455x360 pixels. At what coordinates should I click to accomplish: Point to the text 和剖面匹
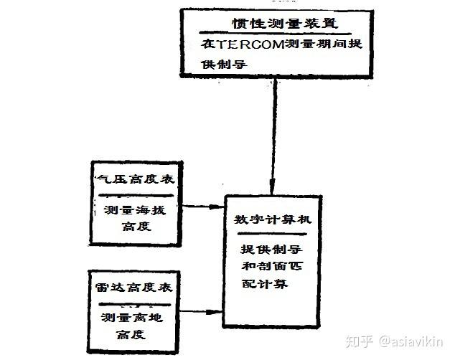[270, 268]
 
